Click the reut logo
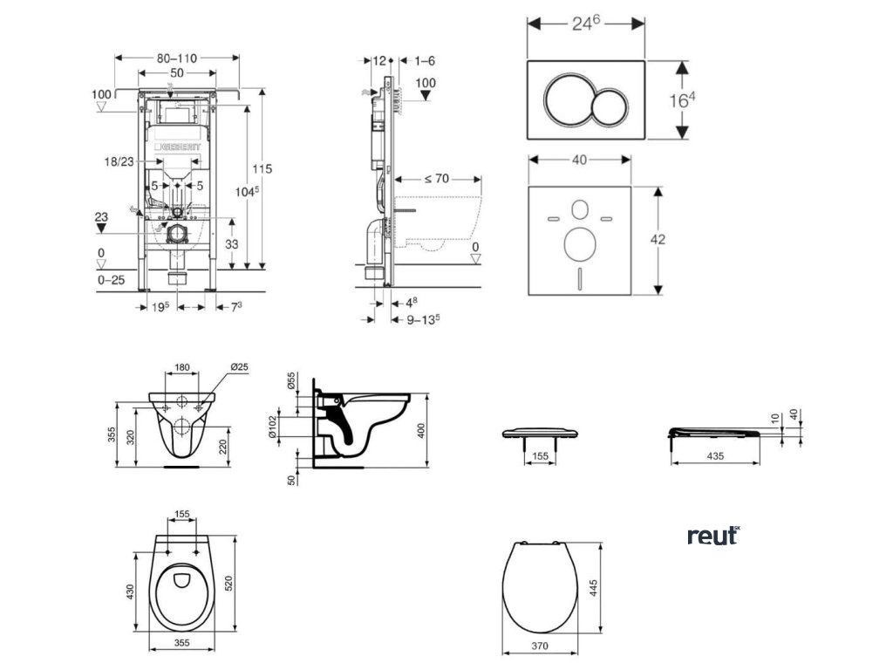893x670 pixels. click(x=712, y=535)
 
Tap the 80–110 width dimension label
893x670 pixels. click(x=177, y=58)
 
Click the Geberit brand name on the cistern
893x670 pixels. click(x=179, y=148)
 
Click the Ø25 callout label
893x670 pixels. click(x=239, y=368)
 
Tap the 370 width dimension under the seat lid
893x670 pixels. click(x=541, y=647)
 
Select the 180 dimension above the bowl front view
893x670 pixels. click(x=181, y=368)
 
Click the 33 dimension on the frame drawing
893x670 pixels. click(x=231, y=245)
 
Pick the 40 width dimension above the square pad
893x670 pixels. click(x=579, y=159)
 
